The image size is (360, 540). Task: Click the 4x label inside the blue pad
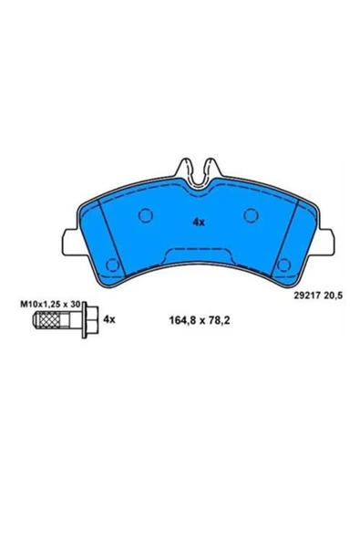coord(199,223)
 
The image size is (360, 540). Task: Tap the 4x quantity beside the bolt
coord(109,320)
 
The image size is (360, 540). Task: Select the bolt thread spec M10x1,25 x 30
coord(50,304)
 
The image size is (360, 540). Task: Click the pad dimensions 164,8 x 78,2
coord(200,320)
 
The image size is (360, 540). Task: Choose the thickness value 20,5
coord(334,296)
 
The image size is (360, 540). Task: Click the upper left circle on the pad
coord(146,215)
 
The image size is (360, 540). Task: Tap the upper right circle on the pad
coord(251,215)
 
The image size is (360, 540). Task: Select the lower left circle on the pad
coord(112,265)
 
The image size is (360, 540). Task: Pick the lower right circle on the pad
coord(284,265)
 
